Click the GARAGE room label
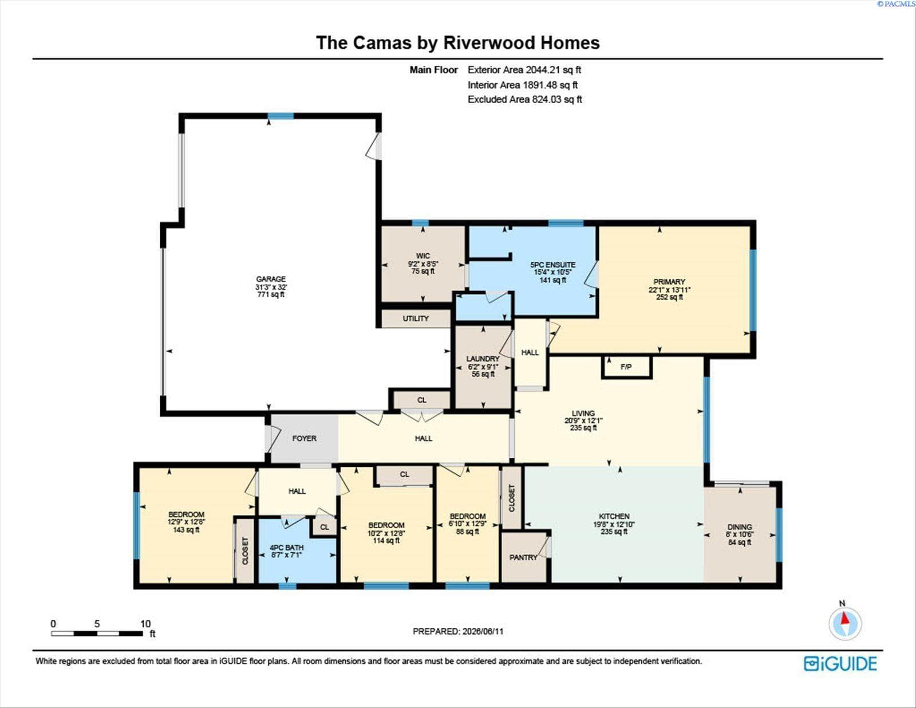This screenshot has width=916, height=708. [x=271, y=279]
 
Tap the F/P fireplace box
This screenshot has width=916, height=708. [x=626, y=367]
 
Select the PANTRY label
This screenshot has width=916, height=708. [x=523, y=557]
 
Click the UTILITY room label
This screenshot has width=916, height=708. [x=416, y=318]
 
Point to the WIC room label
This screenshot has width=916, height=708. [x=423, y=256]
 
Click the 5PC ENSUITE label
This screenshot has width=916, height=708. [x=552, y=265]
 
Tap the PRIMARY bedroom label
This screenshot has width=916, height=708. [x=669, y=282]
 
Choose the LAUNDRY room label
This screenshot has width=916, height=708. [x=483, y=359]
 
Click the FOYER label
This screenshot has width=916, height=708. [x=305, y=439]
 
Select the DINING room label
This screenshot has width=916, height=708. [x=740, y=527]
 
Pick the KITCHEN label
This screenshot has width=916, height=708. [x=614, y=517]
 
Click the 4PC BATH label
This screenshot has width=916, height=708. [x=287, y=548]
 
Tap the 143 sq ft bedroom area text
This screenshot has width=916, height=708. [x=186, y=530]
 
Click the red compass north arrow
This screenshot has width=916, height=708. [x=844, y=619]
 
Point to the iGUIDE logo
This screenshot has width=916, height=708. [x=840, y=664]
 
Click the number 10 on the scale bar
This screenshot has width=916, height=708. [x=145, y=624]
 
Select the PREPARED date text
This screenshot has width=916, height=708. [x=458, y=631]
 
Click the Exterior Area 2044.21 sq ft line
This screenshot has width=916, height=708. [x=524, y=70]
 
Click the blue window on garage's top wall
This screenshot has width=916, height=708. [x=281, y=116]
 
